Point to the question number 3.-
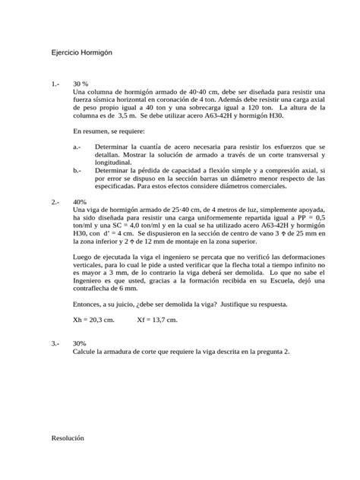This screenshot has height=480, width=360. [x=55, y=343]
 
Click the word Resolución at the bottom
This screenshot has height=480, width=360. [x=68, y=438]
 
